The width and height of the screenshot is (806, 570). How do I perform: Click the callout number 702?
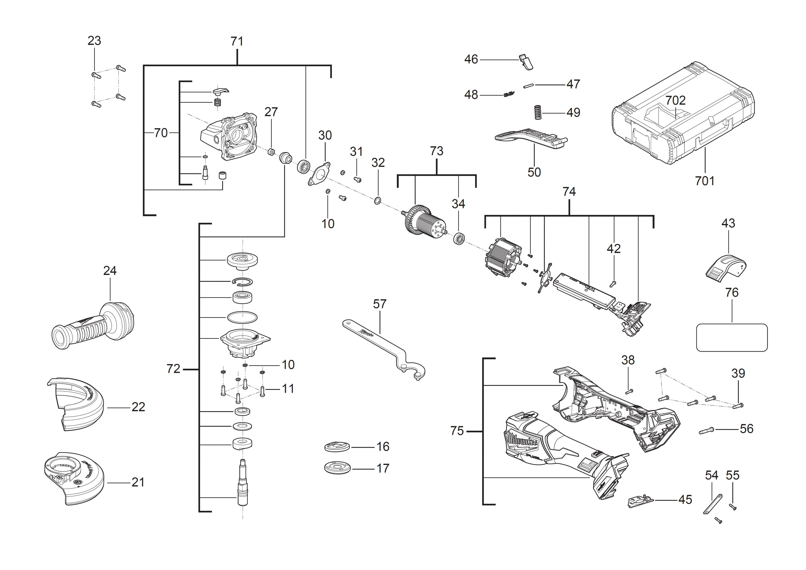pyautogui.click(x=675, y=100)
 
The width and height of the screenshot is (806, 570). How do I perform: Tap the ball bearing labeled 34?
pyautogui.click(x=459, y=239)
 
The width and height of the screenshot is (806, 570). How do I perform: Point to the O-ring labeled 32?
pyautogui.click(x=377, y=201)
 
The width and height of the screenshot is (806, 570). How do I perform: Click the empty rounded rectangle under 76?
pyautogui.click(x=732, y=337)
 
